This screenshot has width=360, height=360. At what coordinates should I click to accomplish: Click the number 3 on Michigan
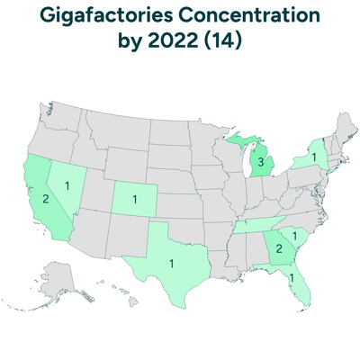pos(260,163)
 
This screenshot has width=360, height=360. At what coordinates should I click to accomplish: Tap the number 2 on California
pos(47,198)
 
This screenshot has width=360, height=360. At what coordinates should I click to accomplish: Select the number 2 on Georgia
pos(279,247)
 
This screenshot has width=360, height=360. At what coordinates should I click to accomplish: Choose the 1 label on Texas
pos(171,264)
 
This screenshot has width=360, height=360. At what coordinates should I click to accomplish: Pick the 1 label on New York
pos(312,157)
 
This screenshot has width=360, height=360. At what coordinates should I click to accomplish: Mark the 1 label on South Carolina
pos(296,236)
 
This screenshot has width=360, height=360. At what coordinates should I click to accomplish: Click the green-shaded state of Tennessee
pos(256,225)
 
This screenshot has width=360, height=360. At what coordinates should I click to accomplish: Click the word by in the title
pos(132,41)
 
